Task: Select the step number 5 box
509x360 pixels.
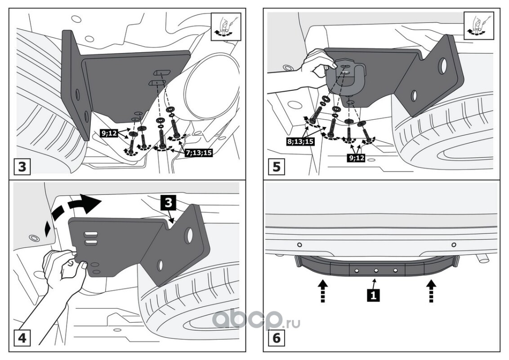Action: coord(277,167)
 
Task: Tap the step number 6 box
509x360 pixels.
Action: coord(277,338)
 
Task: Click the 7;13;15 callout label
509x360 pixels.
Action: coord(198,153)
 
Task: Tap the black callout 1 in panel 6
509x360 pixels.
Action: coord(372,295)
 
